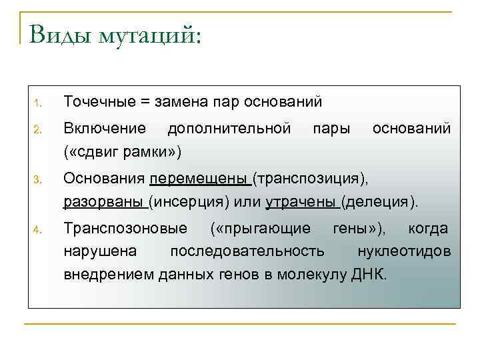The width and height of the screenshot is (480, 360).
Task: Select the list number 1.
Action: pyautogui.click(x=39, y=103)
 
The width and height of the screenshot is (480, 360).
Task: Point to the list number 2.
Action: pyautogui.click(x=39, y=129)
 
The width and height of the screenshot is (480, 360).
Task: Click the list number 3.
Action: pyautogui.click(x=39, y=180)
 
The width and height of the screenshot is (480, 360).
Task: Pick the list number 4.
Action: pyautogui.click(x=39, y=231)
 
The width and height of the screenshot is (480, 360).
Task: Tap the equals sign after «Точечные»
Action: pyautogui.click(x=146, y=103)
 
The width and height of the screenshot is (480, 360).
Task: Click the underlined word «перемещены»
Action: pyautogui.click(x=199, y=179)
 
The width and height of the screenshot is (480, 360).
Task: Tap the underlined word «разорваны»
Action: pyautogui.click(x=104, y=201)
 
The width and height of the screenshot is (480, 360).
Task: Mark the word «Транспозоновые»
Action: pyautogui.click(x=125, y=229)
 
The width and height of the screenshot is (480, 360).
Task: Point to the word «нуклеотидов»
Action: pyautogui.click(x=404, y=251)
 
